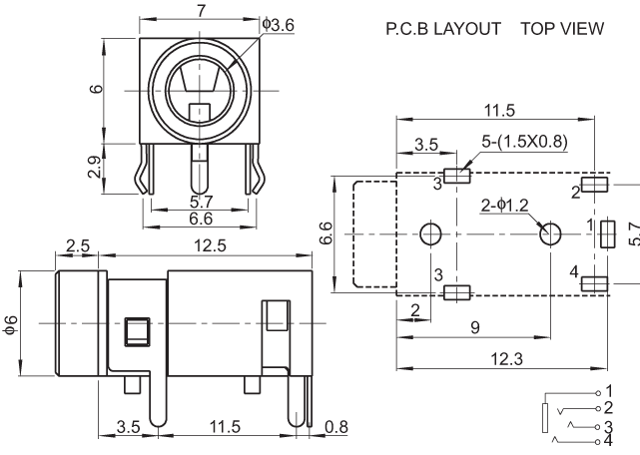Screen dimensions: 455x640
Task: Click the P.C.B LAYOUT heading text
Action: pyautogui.click(x=442, y=29)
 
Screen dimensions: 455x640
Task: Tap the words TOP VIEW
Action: pyautogui.click(x=562, y=29)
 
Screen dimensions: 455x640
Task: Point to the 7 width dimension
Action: pyautogui.click(x=202, y=11)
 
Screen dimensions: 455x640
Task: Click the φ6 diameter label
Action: pyautogui.click(x=12, y=325)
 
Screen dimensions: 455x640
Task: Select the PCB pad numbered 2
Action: pyautogui.click(x=596, y=185)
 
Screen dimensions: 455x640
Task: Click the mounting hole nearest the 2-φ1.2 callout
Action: pyautogui.click(x=550, y=234)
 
